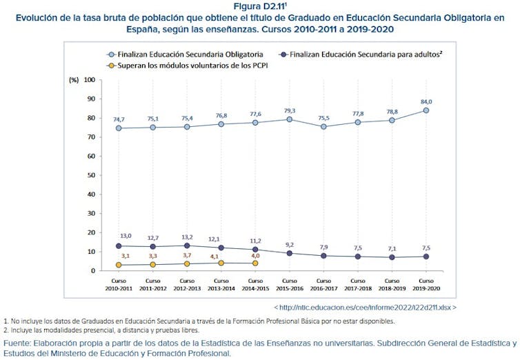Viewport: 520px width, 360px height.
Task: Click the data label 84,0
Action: click(x=426, y=101)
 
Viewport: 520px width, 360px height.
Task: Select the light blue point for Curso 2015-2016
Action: click(x=290, y=119)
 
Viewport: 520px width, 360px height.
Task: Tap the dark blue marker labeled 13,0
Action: click(x=119, y=246)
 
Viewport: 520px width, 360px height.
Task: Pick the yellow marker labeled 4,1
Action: click(x=221, y=263)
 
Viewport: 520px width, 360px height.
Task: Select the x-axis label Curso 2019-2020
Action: click(x=426, y=285)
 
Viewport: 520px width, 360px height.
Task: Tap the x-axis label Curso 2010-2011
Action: click(x=119, y=285)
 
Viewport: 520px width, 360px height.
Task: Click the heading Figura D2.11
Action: click(x=261, y=7)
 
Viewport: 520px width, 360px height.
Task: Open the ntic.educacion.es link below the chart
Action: click(x=365, y=306)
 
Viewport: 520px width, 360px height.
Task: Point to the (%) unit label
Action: click(x=74, y=80)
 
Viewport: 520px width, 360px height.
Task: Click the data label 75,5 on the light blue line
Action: click(x=323, y=117)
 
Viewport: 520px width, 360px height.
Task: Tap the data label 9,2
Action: click(x=289, y=244)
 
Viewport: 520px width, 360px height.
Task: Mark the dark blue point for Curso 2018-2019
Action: click(x=392, y=257)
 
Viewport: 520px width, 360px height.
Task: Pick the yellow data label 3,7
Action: click(x=187, y=255)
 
